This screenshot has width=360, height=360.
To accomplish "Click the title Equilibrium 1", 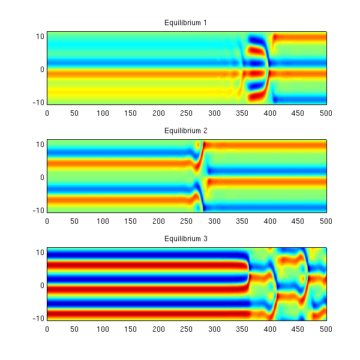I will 186,23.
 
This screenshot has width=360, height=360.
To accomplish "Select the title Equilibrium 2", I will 186,131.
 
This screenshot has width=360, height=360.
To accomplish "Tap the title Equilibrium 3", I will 186,239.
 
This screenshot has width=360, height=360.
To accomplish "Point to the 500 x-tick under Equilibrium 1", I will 326,112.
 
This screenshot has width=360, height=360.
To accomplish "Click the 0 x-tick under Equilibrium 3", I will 47,328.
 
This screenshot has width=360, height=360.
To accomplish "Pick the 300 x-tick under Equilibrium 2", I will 215,220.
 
